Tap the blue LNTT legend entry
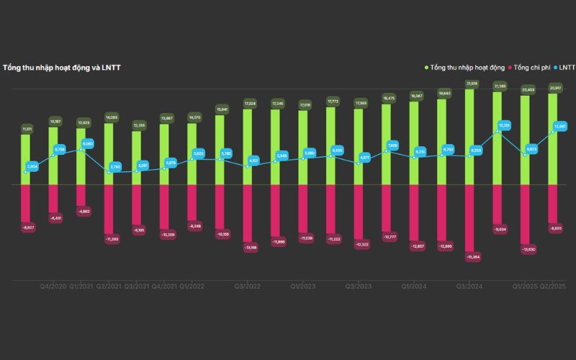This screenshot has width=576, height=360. pyautogui.click(x=564, y=67)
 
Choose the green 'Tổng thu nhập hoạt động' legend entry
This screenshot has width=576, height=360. pyautogui.click(x=468, y=67)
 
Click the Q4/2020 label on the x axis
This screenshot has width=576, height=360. pyautogui.click(x=54, y=286)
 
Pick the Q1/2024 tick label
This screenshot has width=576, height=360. pyautogui.click(x=415, y=286)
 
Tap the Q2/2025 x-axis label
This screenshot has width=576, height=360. pyautogui.click(x=554, y=286)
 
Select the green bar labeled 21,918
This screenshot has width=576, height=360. pyautogui.click(x=472, y=137)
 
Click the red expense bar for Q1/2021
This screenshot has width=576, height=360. pyautogui.click(x=81, y=194)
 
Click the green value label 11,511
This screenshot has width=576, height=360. pyautogui.click(x=27, y=128)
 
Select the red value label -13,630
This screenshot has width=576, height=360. pyautogui.click(x=528, y=250)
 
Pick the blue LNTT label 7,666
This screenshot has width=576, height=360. pyautogui.click(x=392, y=145)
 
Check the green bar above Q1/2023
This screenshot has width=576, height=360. pyautogui.click(x=304, y=148)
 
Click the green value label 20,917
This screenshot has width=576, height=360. pyautogui.click(x=555, y=88)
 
